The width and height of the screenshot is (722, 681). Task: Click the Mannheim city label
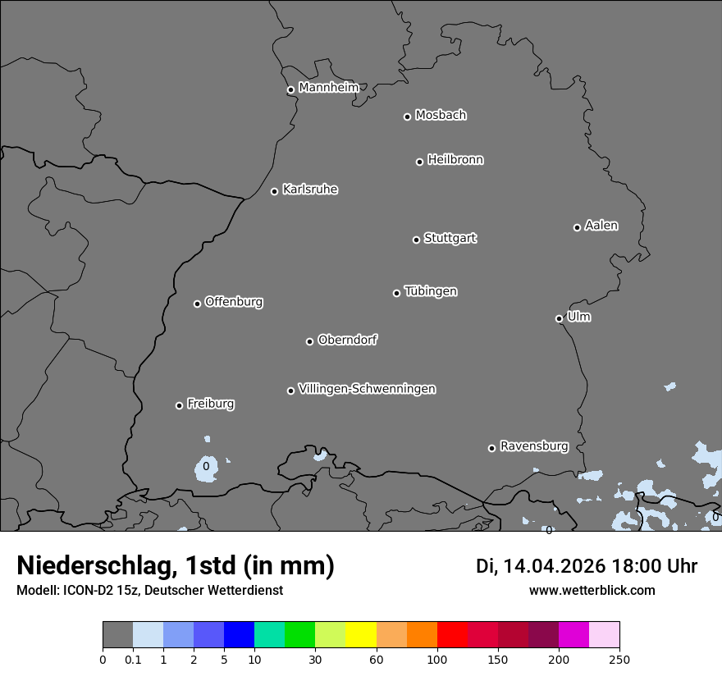pos(328,88)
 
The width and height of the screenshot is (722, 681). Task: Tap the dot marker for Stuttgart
pos(417,240)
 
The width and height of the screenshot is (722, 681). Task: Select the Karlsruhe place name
pos(310,190)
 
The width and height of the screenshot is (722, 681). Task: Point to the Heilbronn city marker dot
pos(420,162)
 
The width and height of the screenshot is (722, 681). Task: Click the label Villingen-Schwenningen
pos(367,389)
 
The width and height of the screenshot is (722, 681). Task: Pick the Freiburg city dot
pos(179,405)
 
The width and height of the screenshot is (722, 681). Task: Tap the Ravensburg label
pos(534,446)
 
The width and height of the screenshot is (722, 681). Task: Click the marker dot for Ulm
pos(560,318)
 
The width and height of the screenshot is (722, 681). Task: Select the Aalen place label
pos(601,226)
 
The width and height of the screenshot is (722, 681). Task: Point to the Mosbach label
pos(441,116)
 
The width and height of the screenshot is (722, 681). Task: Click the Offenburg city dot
pos(197,304)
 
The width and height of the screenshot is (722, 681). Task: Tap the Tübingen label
pos(431,291)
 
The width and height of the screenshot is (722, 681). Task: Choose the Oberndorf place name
pos(348,340)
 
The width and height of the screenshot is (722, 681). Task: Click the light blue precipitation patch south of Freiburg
pos(205,468)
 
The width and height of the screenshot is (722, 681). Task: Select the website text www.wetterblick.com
pos(592,590)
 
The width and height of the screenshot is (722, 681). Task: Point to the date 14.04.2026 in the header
pos(554,566)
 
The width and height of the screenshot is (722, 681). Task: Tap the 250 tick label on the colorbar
pos(619,659)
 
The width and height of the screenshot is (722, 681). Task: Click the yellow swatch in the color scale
pos(361,635)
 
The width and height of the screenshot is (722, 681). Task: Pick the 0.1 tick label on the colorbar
pos(133,659)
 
